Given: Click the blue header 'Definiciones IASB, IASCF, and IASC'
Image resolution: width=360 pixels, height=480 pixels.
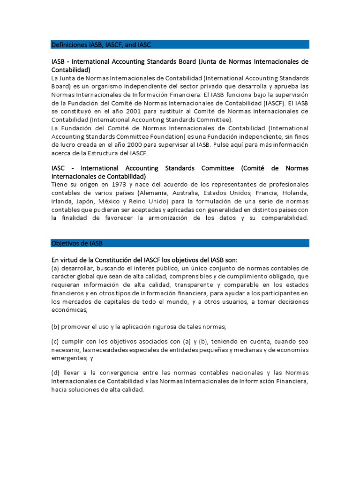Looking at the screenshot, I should tap(101, 45).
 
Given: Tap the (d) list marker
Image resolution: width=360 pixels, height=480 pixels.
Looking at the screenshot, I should tap(56, 373).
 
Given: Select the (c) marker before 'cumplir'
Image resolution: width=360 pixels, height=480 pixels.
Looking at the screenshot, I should tap(56, 341).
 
